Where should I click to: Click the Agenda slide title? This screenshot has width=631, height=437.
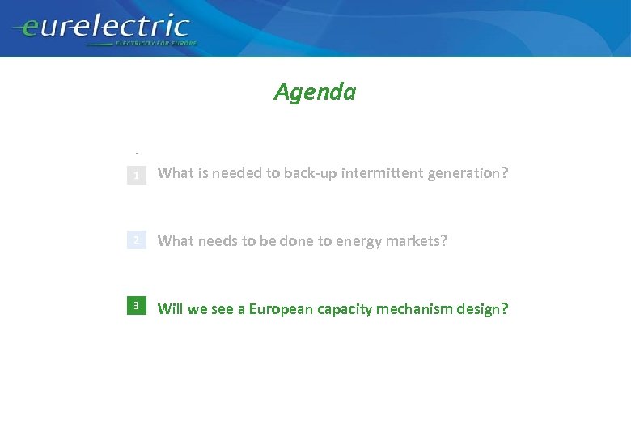coord(315,92)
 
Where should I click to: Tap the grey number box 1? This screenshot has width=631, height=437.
coord(137,175)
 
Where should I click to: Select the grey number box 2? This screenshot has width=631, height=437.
coord(137,240)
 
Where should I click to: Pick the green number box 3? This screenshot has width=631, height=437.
coord(137,306)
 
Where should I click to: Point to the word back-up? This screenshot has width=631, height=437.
coord(311,172)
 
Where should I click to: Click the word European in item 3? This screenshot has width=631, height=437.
coord(282,308)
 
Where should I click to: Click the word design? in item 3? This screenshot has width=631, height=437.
coord(483,309)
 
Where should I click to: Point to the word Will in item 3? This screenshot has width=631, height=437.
coord(170,308)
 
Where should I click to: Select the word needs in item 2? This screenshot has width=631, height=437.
coord(215,240)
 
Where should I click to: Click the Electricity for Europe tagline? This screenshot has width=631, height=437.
coord(156,42)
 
